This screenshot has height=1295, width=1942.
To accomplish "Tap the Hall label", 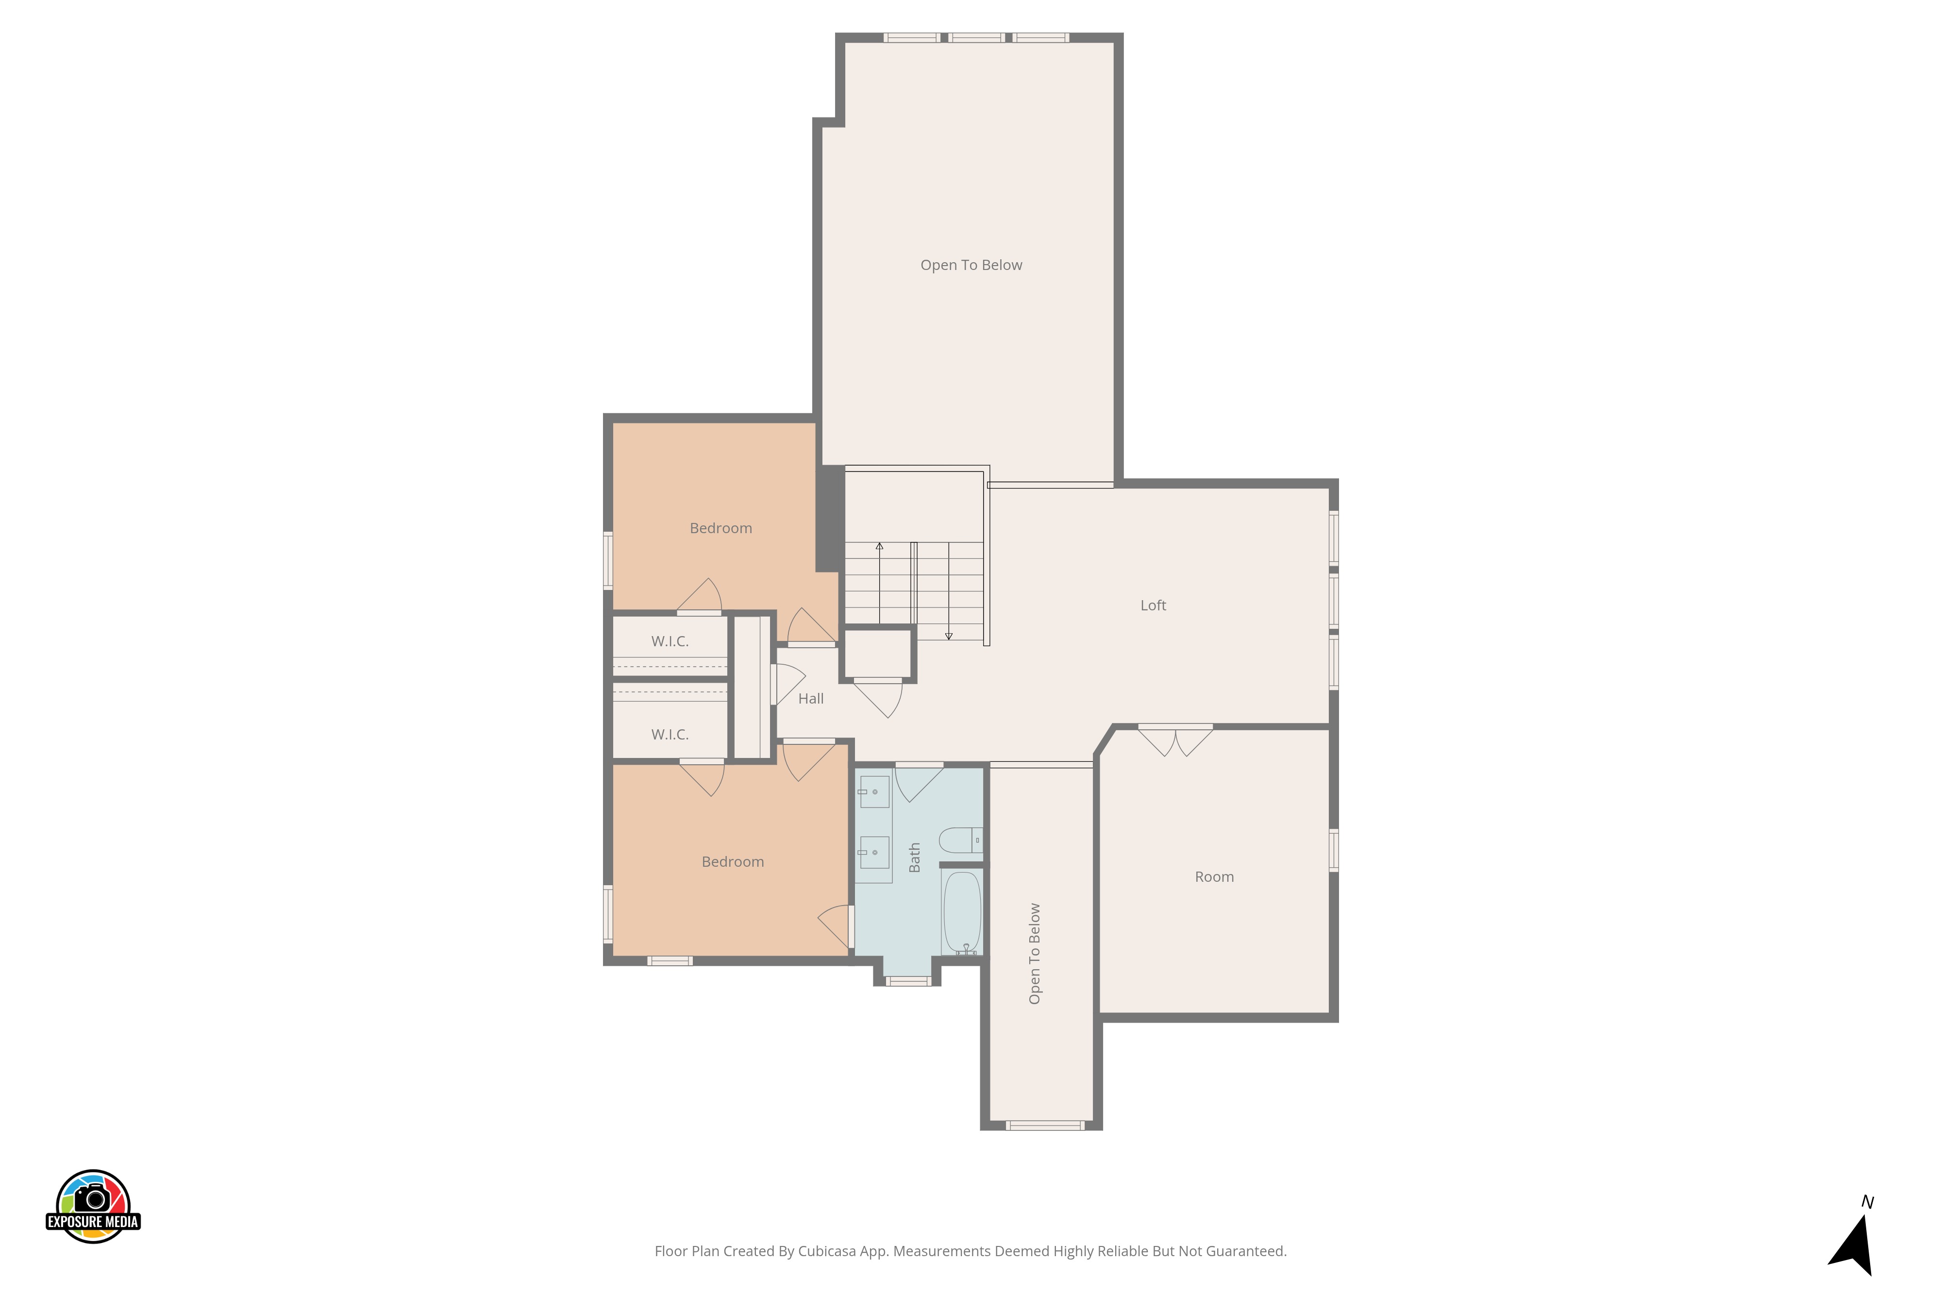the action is [x=811, y=699].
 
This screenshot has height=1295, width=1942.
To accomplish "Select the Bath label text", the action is [x=915, y=858].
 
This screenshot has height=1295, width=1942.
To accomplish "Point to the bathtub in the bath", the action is [x=962, y=912].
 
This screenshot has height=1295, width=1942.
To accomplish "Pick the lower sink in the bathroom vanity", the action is [x=873, y=852].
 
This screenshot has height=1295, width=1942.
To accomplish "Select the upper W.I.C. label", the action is [x=670, y=642].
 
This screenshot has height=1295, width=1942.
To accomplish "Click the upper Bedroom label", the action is [x=721, y=529].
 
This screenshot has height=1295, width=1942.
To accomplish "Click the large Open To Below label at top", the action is [x=971, y=265].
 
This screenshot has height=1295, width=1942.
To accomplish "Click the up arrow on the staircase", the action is [x=879, y=582].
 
